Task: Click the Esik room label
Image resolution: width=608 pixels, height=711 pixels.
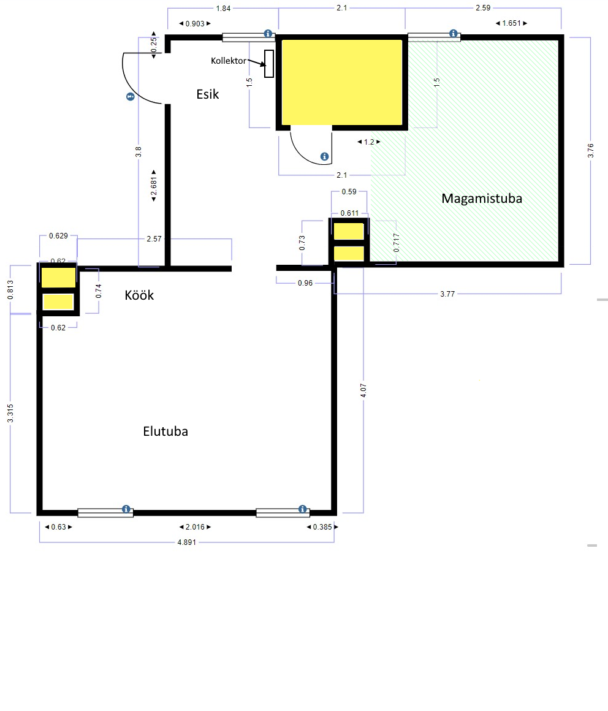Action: (x=208, y=94)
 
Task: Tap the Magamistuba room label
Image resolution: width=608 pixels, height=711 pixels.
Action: (x=482, y=199)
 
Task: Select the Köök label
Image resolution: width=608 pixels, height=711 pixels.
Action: (x=139, y=295)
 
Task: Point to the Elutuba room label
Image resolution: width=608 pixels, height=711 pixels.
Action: (x=165, y=432)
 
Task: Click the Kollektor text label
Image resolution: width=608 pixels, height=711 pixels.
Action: (x=229, y=61)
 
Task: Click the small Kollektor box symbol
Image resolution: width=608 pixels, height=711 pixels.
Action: (x=269, y=64)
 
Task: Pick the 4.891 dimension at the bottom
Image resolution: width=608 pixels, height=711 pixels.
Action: (x=187, y=542)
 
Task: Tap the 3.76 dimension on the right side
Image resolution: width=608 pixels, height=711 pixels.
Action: (x=590, y=151)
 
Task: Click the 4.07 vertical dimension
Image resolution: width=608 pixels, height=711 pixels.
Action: (x=363, y=390)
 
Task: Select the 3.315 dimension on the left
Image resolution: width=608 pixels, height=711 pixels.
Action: (x=10, y=414)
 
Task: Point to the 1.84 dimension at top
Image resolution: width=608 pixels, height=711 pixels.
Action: (x=223, y=8)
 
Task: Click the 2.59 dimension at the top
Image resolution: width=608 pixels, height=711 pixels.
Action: (x=483, y=8)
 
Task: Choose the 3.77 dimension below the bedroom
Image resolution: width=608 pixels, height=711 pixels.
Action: (x=447, y=294)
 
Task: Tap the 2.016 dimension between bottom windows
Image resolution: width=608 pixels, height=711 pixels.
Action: (x=195, y=527)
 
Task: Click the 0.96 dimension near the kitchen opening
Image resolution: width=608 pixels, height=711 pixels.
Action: (x=305, y=283)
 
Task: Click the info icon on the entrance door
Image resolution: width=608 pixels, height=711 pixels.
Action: (x=131, y=97)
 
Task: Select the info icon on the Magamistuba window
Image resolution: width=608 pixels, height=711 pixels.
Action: (x=453, y=34)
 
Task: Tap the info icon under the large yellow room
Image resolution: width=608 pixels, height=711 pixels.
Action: (x=324, y=156)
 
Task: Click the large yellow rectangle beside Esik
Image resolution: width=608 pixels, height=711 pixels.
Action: (x=343, y=82)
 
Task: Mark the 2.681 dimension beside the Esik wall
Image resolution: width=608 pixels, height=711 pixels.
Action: (x=154, y=186)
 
